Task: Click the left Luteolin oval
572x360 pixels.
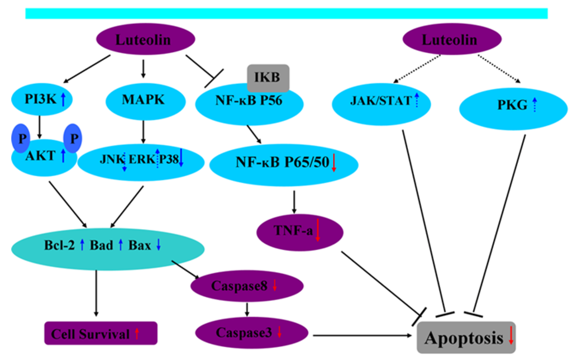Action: [146, 40]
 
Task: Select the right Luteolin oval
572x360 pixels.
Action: [449, 40]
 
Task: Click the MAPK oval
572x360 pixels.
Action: [144, 101]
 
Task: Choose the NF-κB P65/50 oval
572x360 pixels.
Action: [282, 164]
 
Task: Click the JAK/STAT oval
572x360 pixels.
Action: [385, 102]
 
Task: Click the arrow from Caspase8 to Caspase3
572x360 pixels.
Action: [247, 309]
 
